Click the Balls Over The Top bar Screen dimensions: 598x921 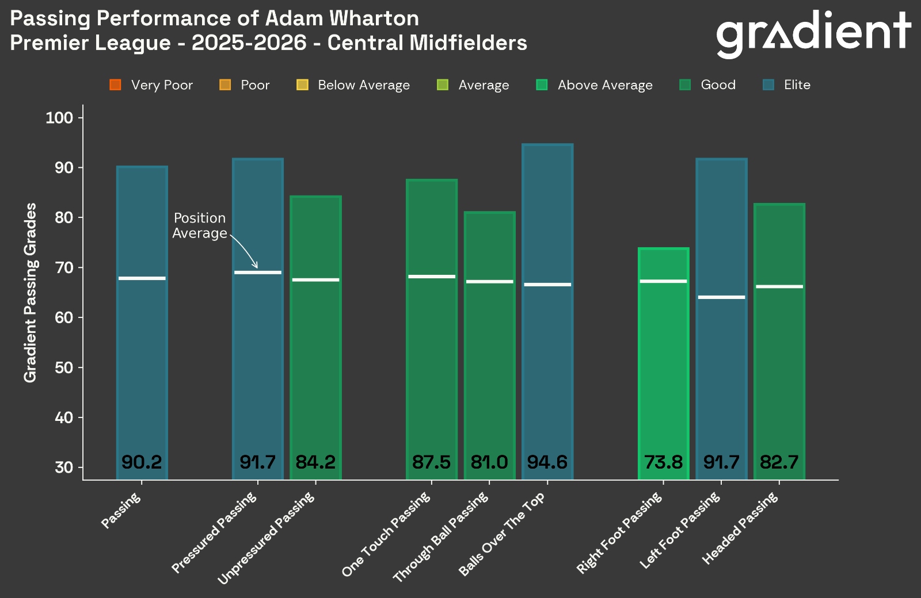[547, 310]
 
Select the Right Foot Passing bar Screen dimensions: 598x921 [663, 362]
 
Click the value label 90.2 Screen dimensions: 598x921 [142, 462]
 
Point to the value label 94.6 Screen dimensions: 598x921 [547, 462]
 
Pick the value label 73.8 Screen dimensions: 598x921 [663, 462]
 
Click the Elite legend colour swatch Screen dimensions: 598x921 [768, 85]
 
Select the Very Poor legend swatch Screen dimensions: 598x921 [115, 85]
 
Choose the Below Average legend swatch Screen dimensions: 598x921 [302, 85]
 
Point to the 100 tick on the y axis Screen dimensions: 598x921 [59, 118]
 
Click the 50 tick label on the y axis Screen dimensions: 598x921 [63, 367]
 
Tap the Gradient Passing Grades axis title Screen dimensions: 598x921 [30, 292]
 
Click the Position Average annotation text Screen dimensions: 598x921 [200, 225]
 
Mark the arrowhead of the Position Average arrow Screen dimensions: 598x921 [256, 266]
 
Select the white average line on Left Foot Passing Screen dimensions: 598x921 [721, 297]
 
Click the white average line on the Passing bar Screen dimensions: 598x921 [142, 278]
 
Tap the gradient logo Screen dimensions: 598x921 [813, 33]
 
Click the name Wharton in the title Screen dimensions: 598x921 [374, 18]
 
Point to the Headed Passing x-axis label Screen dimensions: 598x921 [741, 528]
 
